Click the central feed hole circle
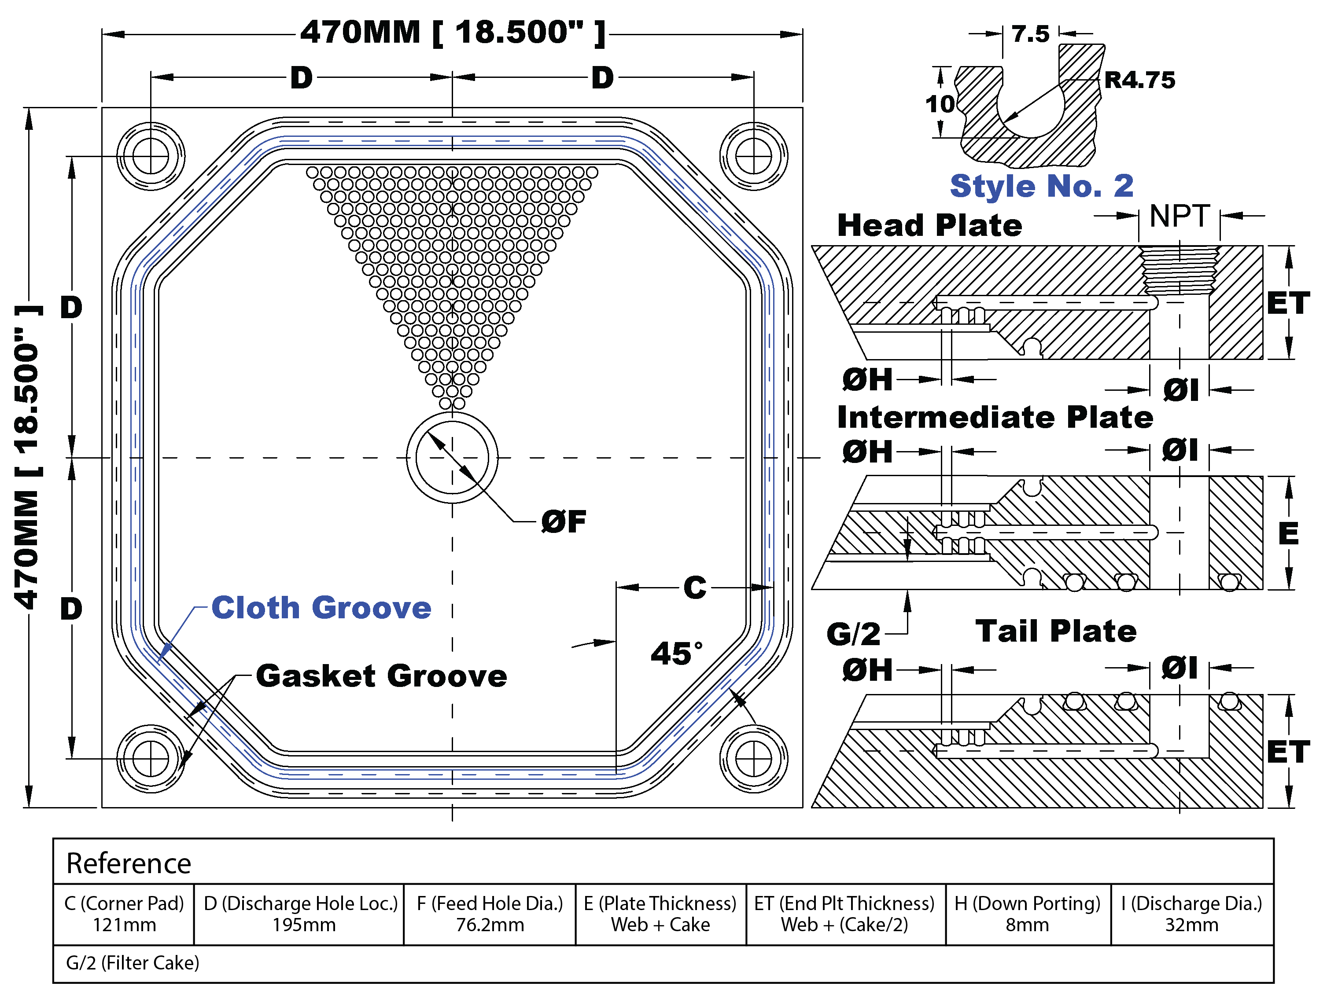point(452,457)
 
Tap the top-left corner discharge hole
point(151,157)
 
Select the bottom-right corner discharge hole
point(754,759)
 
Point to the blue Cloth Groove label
point(321,608)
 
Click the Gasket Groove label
point(381,676)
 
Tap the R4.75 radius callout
point(1139,80)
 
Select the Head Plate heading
point(929,226)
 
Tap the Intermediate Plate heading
point(995,417)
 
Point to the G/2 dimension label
point(853,634)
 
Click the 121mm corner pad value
point(124,925)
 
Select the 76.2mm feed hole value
point(490,925)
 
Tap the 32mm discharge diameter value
point(1192,925)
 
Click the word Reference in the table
point(129,863)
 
